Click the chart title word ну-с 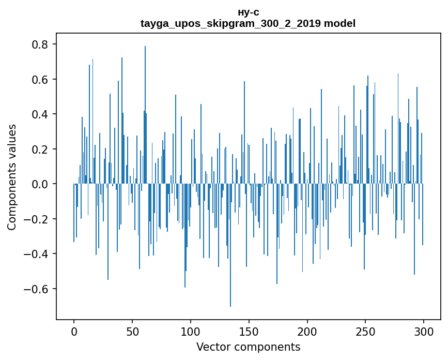coord(248,12)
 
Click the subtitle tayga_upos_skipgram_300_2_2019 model coord(248,23)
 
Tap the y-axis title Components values coord(12,177)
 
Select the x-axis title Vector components coord(248,347)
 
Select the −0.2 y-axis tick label coord(37,219)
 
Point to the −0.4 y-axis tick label coord(37,254)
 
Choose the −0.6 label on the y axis coord(37,289)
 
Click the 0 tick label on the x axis coord(74,331)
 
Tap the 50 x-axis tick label coord(132,331)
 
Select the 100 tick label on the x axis coord(191,331)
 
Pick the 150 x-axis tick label coord(249,331)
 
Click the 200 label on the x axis coord(307,331)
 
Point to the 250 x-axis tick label coord(366,331)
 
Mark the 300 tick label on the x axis coord(424,331)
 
